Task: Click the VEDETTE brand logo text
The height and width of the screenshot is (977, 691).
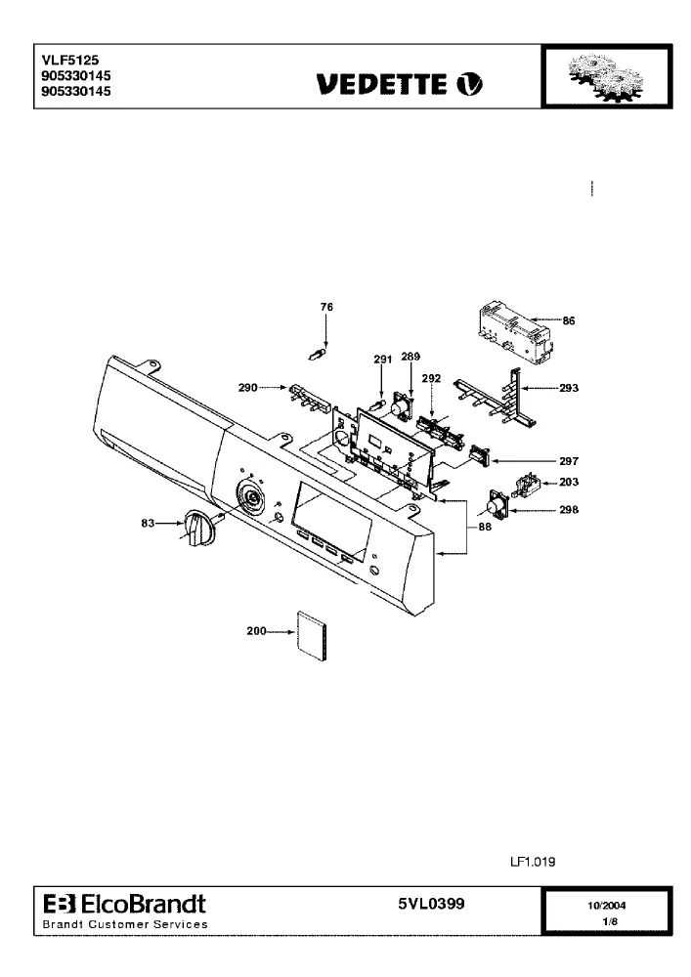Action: (381, 84)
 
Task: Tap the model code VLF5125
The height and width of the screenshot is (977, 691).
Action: (70, 61)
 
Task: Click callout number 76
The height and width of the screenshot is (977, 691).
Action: (326, 307)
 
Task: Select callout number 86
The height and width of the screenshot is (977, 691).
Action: (568, 320)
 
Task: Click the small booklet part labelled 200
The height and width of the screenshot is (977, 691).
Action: (312, 636)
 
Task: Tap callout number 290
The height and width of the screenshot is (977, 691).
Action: (248, 388)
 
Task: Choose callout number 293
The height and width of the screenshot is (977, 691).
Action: (568, 388)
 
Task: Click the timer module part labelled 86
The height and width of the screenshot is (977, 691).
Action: (515, 333)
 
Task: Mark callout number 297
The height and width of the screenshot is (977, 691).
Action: (568, 461)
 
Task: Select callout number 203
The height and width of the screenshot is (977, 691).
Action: (568, 482)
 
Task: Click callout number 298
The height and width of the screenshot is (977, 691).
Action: (568, 510)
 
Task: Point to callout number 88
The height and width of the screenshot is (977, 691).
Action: (485, 527)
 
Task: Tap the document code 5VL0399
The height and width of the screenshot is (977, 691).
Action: (431, 904)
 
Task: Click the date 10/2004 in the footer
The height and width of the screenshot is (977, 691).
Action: (606, 906)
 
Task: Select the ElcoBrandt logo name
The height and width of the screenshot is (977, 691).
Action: (144, 904)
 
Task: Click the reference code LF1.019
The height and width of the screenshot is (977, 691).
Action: (533, 862)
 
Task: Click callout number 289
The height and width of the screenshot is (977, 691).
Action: (410, 357)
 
